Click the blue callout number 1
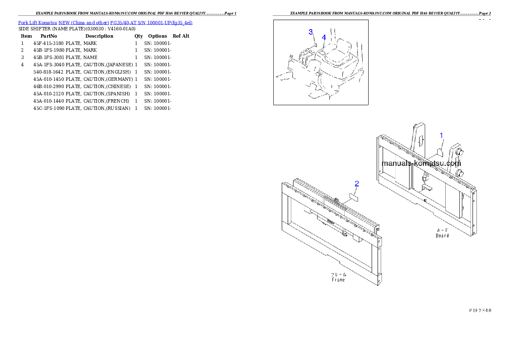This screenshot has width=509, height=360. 441,135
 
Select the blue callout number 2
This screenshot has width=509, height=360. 357,184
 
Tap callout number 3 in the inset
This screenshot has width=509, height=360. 311,32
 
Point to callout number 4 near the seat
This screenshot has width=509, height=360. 324,38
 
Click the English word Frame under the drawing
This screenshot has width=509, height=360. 338,280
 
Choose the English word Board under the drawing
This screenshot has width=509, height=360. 442,235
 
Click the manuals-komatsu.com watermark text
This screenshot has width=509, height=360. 421,163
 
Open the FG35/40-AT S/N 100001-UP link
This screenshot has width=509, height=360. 151,22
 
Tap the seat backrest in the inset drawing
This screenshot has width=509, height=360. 343,45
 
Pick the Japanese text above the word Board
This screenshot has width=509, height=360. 442,230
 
